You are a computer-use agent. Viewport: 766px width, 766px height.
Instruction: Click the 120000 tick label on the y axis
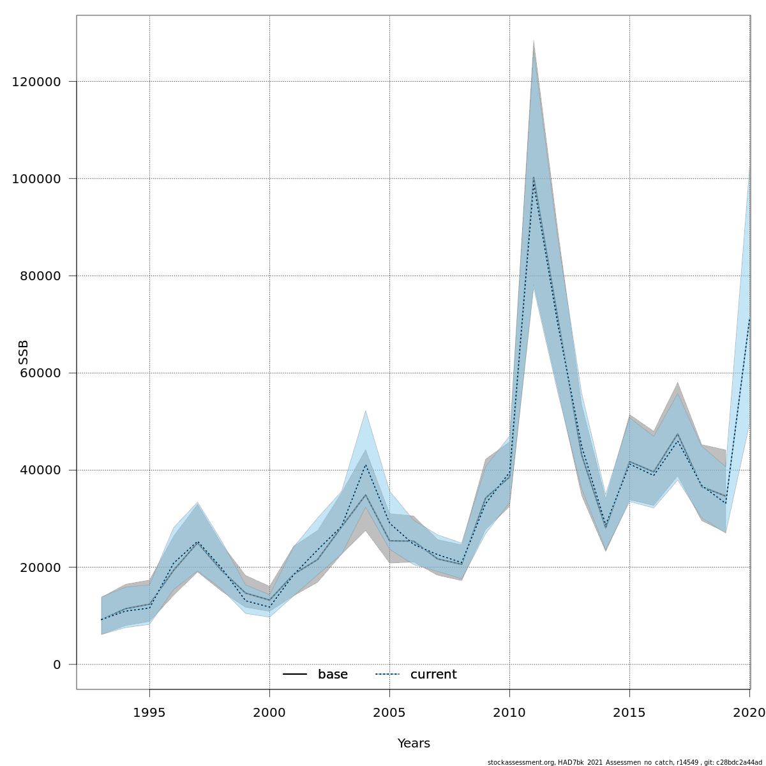point(36,82)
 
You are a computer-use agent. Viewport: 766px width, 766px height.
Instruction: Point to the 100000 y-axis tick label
point(36,179)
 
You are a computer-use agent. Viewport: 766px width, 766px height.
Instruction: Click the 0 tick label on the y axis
point(57,665)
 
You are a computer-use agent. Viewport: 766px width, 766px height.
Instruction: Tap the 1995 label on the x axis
point(149,712)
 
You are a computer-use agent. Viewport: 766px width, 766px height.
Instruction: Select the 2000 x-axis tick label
point(269,712)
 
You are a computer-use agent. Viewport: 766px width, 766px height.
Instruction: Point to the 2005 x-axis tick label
point(389,712)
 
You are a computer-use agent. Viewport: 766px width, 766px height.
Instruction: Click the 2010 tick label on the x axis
point(509,712)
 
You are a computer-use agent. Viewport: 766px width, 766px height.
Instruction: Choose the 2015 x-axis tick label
point(629,712)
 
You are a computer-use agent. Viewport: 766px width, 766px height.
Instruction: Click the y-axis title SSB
point(24,352)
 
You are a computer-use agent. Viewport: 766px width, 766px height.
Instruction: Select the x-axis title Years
point(414,744)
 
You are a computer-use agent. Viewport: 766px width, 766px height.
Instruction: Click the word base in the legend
point(333,675)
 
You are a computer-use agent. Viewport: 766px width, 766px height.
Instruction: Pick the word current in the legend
point(433,675)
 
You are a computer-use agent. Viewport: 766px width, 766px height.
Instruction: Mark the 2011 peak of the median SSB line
point(534,177)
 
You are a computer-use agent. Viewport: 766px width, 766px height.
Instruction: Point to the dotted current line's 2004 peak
point(365,465)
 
